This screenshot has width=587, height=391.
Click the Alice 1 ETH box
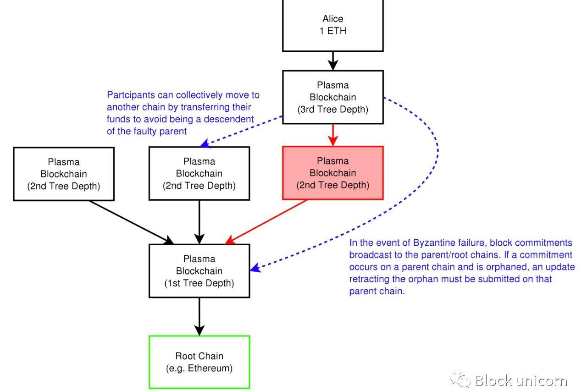click(332, 25)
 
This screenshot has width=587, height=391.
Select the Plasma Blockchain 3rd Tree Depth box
click(332, 97)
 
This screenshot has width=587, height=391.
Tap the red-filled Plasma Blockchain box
click(332, 173)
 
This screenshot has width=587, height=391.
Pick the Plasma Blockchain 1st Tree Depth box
click(199, 271)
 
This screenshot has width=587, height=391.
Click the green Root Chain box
click(199, 362)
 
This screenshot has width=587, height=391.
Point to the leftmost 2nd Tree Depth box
click(64, 174)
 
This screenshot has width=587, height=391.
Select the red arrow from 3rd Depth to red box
click(333, 135)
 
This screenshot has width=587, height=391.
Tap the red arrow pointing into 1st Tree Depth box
click(266, 221)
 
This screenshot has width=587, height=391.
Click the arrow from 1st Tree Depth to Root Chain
click(199, 316)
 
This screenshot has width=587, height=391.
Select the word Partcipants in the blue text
click(130, 95)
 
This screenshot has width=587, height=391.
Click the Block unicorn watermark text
click(521, 380)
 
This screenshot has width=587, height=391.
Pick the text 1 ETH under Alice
click(333, 32)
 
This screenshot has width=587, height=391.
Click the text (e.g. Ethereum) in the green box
click(199, 368)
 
